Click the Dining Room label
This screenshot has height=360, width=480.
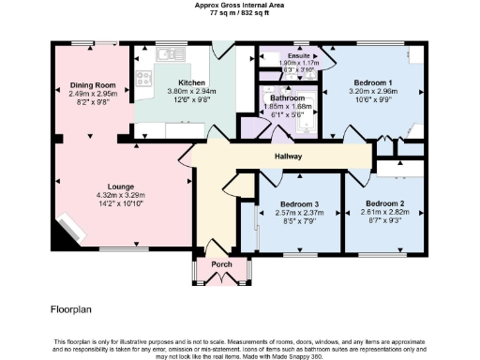point(92,85)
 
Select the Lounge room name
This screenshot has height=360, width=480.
point(119,186)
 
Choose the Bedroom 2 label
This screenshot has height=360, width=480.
point(384,204)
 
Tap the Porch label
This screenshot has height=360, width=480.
point(222,264)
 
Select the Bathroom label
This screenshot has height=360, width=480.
point(288,97)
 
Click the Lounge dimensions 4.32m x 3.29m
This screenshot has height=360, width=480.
point(119,195)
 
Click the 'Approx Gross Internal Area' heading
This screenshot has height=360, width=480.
point(239,5)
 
